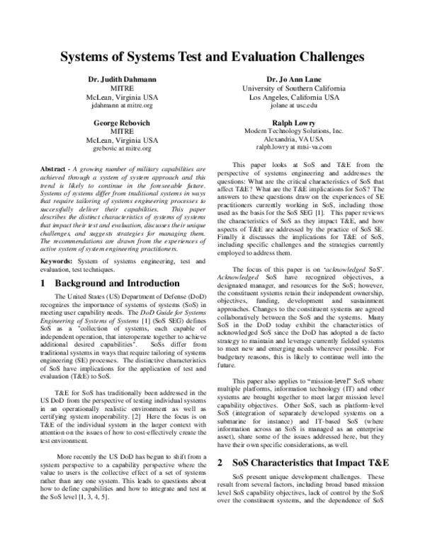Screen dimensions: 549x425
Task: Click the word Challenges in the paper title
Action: click(x=319, y=54)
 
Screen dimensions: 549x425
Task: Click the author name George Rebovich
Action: click(x=118, y=122)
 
